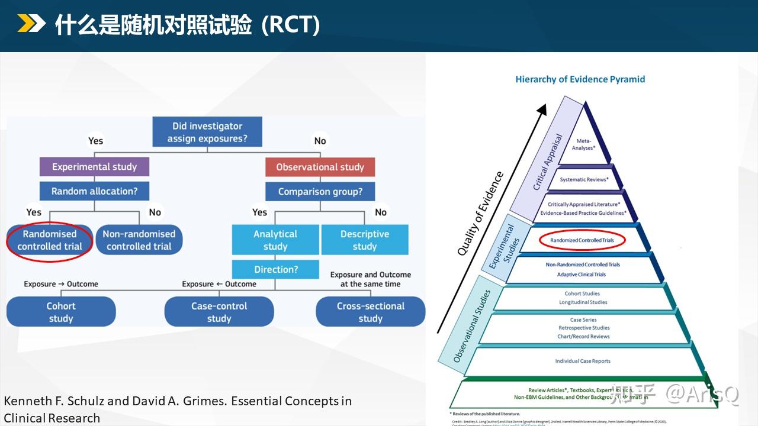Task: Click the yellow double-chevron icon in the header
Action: pos(31,24)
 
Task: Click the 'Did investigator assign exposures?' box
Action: pos(207,133)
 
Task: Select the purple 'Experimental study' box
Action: pos(94,167)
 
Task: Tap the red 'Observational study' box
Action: pos(320,167)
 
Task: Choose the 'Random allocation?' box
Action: pos(94,191)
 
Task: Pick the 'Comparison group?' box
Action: pos(320,192)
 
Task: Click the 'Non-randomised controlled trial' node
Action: pos(139,240)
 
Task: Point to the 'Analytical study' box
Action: pos(275,240)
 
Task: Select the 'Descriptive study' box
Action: pos(365,240)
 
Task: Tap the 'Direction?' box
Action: pos(275,269)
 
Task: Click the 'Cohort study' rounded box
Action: pos(61,312)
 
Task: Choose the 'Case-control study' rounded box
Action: pos(219,312)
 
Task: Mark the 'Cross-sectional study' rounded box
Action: pos(370,312)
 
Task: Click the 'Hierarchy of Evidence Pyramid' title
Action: pos(580,79)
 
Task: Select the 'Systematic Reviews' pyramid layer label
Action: pos(584,179)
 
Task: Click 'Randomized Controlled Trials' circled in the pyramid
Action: pos(582,240)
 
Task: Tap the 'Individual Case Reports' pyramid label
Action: pos(583,361)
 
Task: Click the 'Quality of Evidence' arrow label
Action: pos(480,214)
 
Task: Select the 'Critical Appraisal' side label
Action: pos(547,162)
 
